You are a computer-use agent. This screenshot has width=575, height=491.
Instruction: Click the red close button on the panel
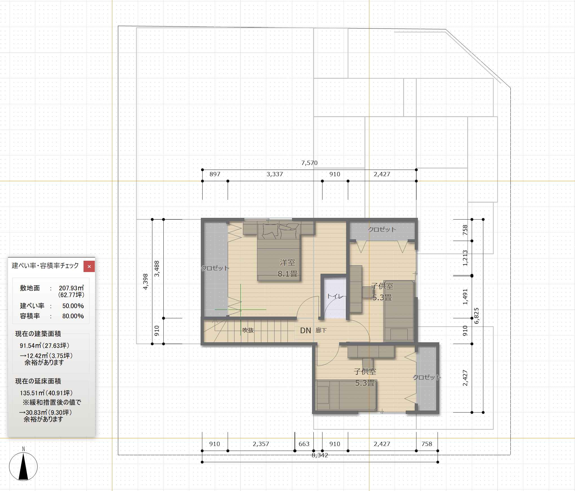pos(89,266)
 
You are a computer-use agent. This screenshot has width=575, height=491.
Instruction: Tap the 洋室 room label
pos(287,262)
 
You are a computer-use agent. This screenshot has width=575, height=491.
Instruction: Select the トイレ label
pos(335,296)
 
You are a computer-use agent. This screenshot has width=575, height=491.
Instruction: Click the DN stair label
pos(306,330)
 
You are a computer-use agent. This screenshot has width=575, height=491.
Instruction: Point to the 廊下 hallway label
pos(321,330)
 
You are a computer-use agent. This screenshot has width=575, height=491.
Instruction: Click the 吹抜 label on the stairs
pos(248,330)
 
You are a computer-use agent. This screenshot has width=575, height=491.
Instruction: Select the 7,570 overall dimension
pos(309,163)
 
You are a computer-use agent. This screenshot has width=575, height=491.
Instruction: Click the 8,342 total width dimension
pos(320,455)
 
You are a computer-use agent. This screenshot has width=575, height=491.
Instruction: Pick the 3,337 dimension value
pos(275,174)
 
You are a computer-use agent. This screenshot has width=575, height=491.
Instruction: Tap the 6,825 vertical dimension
pos(477,316)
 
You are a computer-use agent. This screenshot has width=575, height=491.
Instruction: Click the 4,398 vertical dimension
pos(145,282)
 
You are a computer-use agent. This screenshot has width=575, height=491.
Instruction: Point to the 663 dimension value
pos(304,444)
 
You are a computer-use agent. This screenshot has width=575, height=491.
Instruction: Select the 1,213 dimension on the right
pos(465,258)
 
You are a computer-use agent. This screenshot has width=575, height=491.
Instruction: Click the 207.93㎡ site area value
pos(71,288)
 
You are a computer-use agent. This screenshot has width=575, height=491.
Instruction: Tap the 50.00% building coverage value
pos(73,306)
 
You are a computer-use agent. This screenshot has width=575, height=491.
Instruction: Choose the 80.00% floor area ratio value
pos(73,316)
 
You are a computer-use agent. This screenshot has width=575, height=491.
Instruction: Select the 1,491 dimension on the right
pos(465,297)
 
